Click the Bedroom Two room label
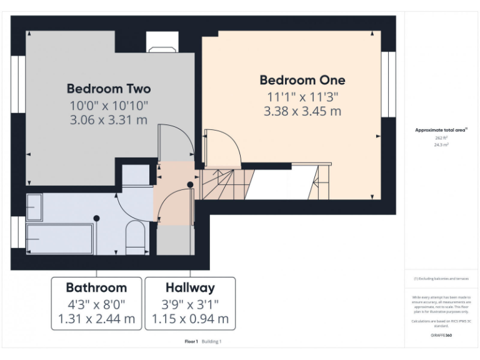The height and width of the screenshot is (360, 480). pos(109,88)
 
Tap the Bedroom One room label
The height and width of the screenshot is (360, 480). pos(302,80)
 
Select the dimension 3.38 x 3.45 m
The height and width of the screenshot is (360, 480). pos(302,111)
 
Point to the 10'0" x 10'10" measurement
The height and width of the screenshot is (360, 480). pos(109,104)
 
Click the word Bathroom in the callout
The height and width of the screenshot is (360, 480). pos(96,287)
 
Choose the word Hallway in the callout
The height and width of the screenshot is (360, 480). pos(190,287)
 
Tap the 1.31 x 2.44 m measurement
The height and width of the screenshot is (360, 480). pos(96,319)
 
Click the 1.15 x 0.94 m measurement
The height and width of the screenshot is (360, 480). pos(190,319)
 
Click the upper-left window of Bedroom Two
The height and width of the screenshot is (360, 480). pos(18,84)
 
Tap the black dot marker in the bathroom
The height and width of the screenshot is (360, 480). pos(96,217)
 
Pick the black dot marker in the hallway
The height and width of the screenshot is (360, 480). pos(190,184)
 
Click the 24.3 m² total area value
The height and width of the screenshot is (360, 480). pos(441,144)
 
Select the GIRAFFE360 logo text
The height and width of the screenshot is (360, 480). pos(441,336)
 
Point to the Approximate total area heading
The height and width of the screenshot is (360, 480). pos(441,130)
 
